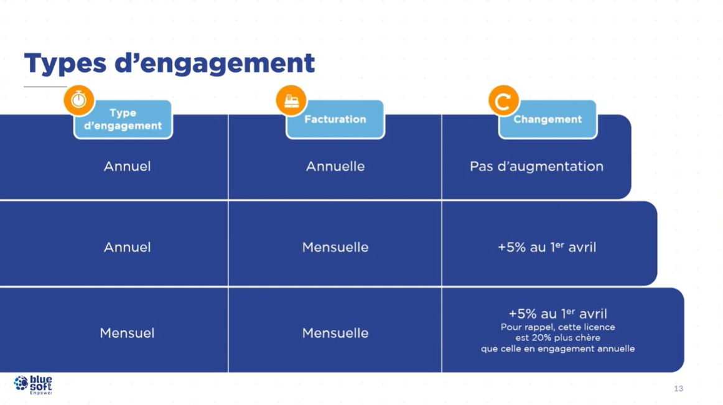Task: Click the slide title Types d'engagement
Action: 169,63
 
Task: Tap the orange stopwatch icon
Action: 79,100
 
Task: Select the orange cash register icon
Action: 291,100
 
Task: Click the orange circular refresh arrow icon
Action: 503,100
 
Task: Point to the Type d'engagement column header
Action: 123,119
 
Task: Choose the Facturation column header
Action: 335,119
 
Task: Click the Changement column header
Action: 548,119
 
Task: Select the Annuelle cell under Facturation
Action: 335,166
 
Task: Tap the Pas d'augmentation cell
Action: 536,166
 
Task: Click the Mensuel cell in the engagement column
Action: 127,333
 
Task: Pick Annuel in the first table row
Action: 127,166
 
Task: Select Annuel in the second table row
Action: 127,247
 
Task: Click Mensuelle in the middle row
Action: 335,247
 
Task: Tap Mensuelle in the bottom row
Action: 335,333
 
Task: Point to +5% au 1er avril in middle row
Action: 547,247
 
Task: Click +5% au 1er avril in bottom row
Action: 558,314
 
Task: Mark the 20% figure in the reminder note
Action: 541,338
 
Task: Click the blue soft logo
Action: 33,384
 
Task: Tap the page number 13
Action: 678,388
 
